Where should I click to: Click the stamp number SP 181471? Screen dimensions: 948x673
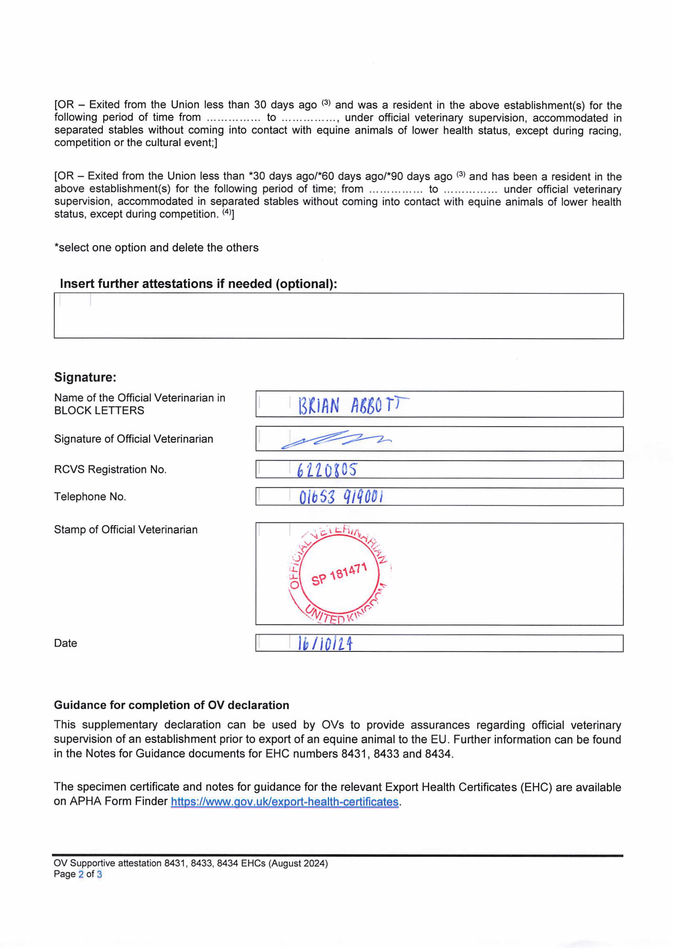point(339,574)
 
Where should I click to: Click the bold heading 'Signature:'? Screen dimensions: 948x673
point(85,377)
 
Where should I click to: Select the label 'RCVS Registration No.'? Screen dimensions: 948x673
point(110,469)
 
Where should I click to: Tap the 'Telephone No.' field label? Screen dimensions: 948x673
point(90,496)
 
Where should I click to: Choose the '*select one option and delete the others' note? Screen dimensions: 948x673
point(156,248)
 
